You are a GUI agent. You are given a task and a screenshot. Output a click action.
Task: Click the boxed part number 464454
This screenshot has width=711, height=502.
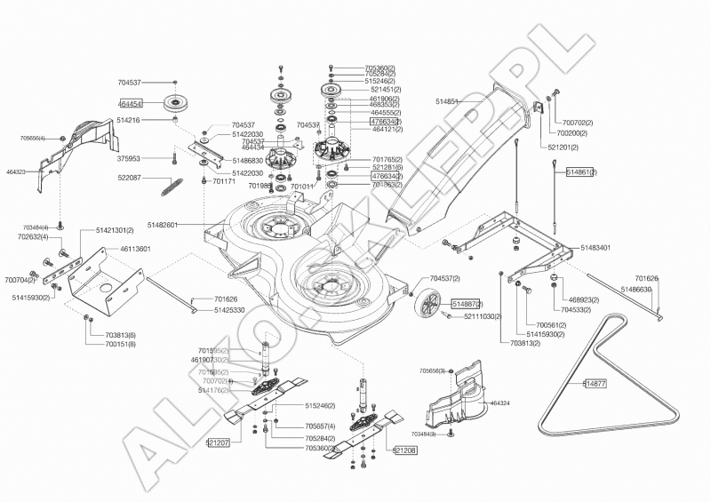[130, 104]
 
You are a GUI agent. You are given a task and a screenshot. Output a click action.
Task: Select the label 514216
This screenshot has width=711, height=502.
[130, 120]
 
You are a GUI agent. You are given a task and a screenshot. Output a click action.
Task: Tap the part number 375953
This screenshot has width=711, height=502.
[130, 159]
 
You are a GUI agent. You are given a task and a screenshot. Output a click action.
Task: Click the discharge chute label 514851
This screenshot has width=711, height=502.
[448, 102]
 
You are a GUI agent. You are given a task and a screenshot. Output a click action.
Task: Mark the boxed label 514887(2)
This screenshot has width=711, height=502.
[467, 304]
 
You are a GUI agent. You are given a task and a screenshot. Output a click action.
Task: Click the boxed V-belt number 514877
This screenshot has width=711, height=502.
[595, 384]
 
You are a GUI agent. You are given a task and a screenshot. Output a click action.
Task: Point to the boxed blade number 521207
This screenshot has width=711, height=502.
[218, 442]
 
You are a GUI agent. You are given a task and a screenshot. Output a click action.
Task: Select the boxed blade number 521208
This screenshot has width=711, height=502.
[404, 450]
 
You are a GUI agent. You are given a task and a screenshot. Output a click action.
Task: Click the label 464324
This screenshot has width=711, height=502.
[499, 402]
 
